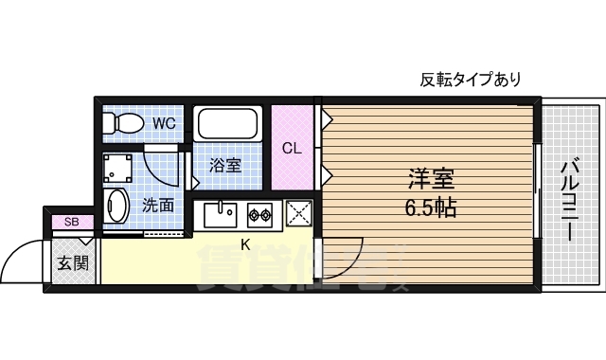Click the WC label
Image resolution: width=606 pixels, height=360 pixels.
pos(165,123)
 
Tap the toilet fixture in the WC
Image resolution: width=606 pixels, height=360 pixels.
pos(123,122)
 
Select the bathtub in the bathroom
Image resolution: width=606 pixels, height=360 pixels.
pos(227,125)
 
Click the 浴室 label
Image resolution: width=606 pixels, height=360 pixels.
pos(225,166)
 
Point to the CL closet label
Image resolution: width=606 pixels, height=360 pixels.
pos(292,148)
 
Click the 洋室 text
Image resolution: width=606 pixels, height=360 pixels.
pos(431,177)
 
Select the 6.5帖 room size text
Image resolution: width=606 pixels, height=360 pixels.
pos(431,207)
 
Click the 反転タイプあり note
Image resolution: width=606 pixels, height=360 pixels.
pos(471,80)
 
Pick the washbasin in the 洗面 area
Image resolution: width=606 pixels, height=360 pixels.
pos(116,206)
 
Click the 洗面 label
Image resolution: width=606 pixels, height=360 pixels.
pos(158,204)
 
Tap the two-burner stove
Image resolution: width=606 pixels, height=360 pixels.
pos(259,215)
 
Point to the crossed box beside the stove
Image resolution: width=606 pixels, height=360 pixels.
pos(298,213)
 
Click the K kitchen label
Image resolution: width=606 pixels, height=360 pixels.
pos(245,245)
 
